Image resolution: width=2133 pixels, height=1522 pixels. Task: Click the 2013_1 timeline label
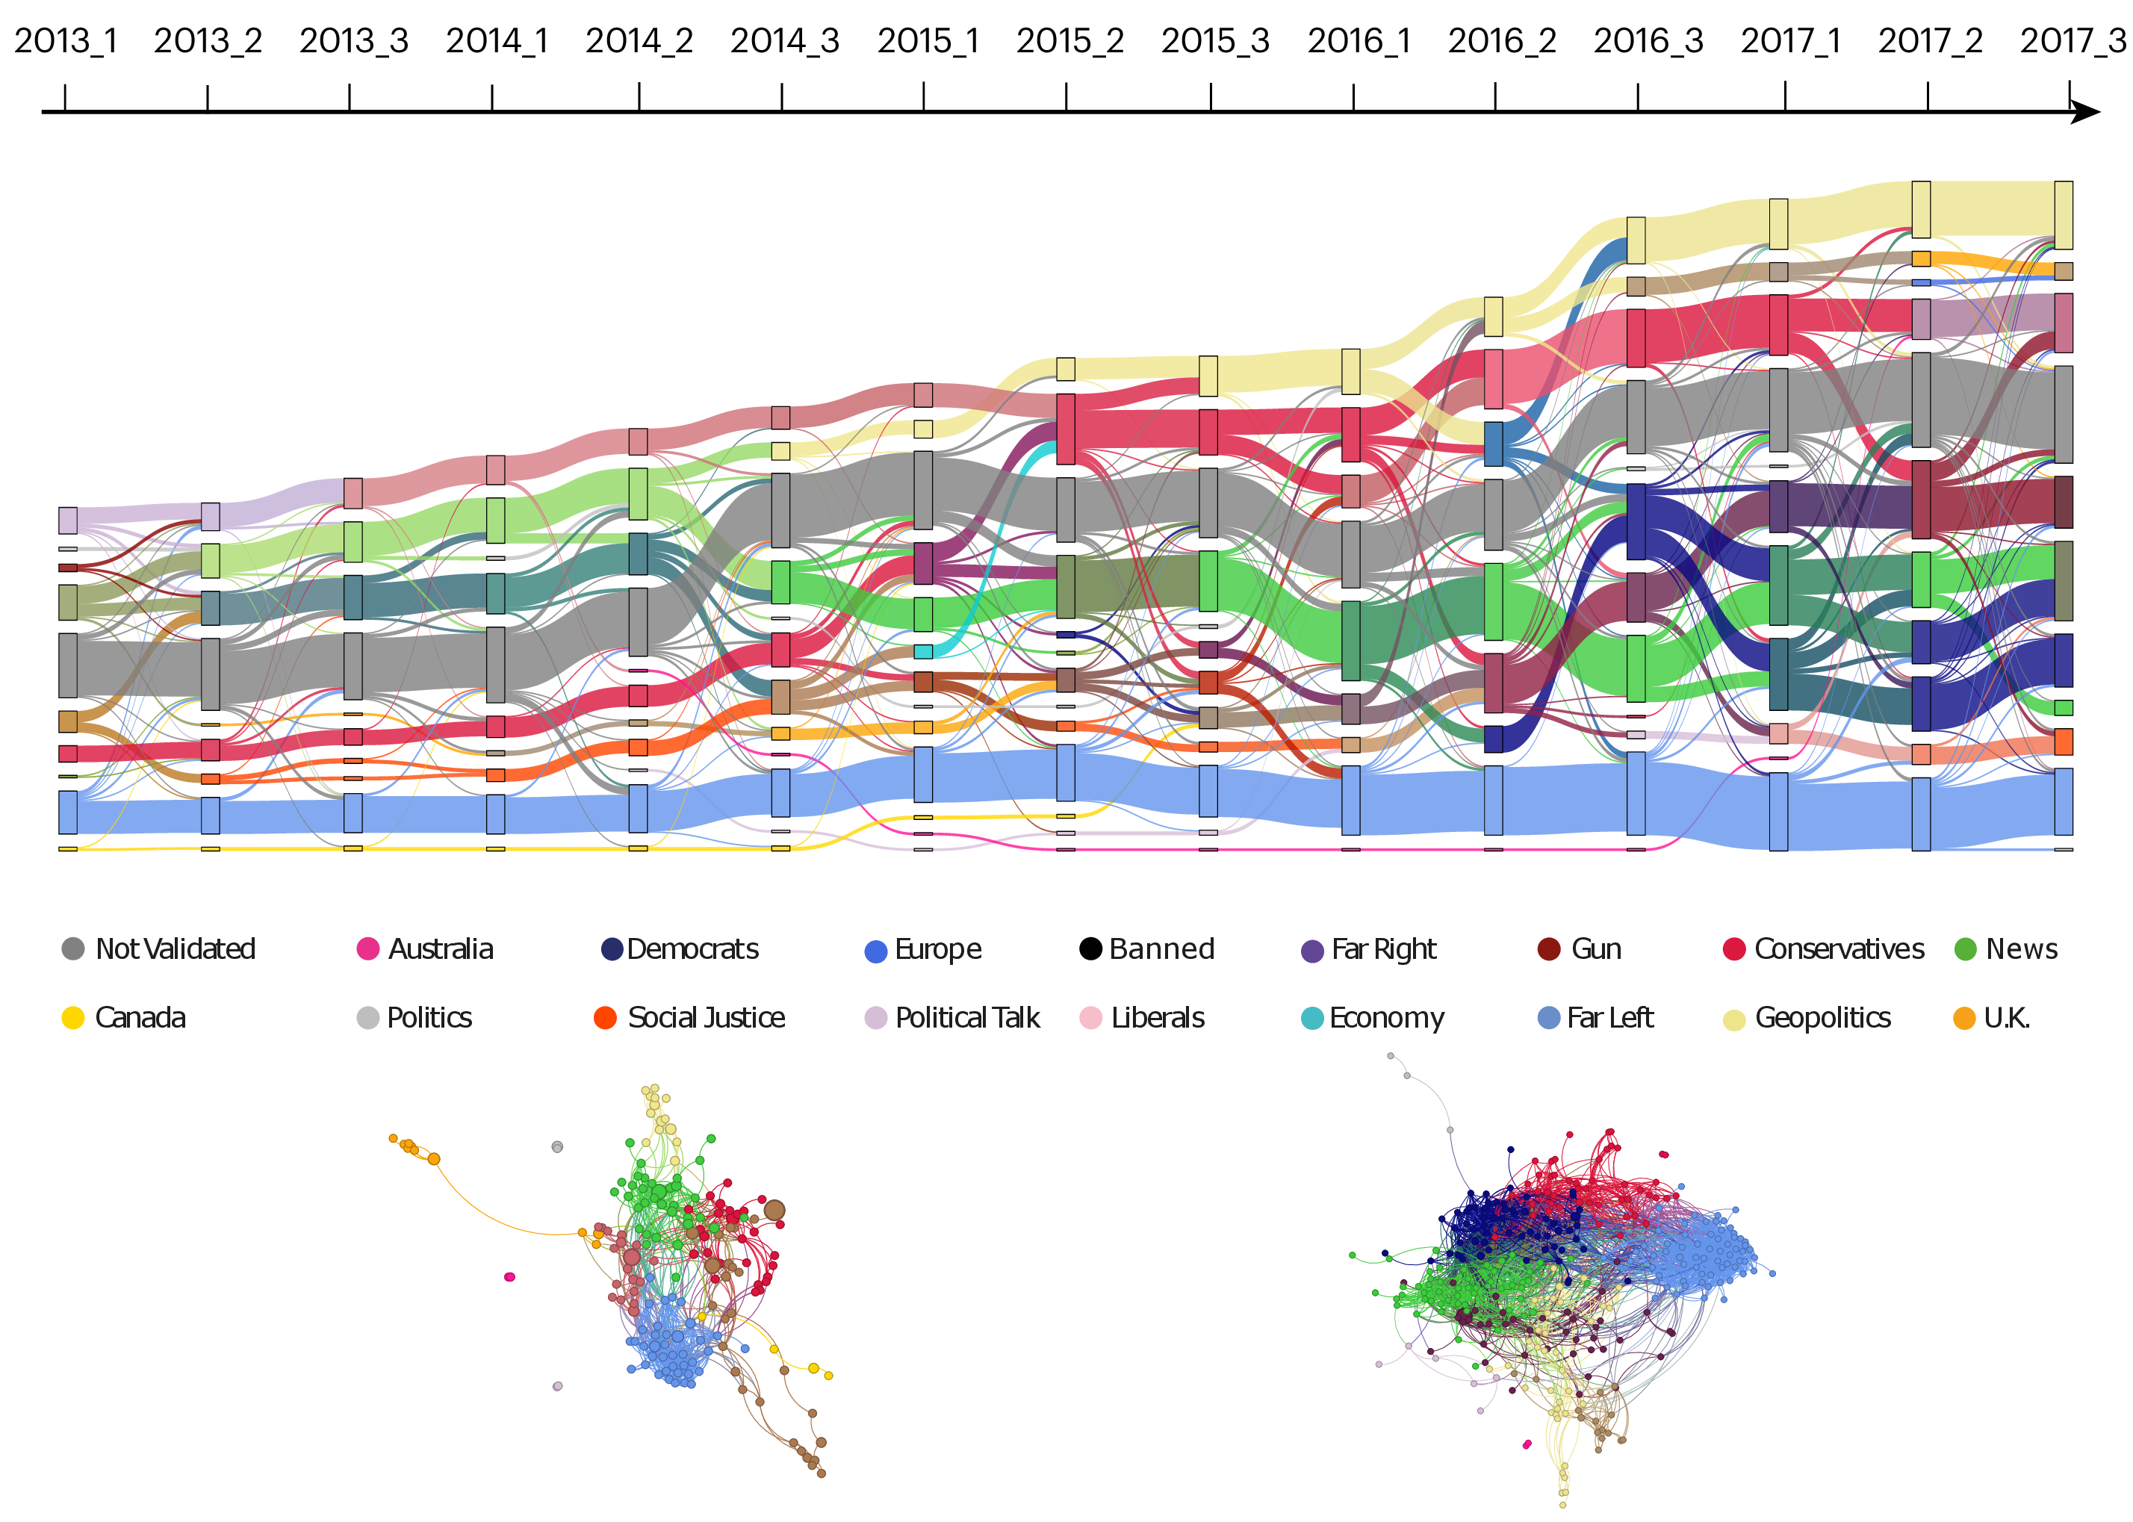tap(66, 40)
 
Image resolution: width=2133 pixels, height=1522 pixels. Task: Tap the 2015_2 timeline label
tap(1069, 40)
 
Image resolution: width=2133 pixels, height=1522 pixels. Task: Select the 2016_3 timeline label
tap(1648, 40)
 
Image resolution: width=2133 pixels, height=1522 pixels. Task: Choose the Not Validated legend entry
tap(158, 948)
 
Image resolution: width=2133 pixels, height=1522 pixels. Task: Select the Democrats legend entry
tap(680, 948)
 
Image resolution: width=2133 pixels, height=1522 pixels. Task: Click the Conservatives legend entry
tap(1823, 948)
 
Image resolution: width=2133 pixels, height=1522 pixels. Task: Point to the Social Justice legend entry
tap(690, 1017)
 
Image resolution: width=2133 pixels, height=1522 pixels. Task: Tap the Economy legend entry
tap(1373, 1017)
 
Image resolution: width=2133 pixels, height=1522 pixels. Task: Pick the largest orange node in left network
tap(434, 1159)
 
